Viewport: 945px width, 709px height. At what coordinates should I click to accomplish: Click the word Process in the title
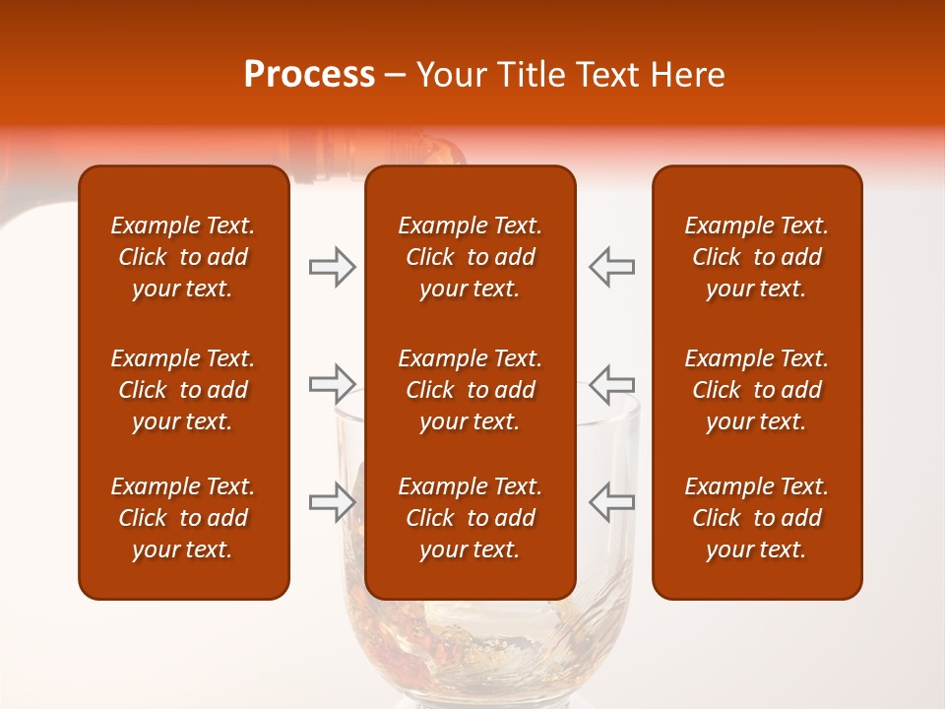[x=309, y=75]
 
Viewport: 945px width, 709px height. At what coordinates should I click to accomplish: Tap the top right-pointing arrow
[x=332, y=267]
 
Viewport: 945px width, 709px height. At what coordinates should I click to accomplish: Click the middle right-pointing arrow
[x=332, y=383]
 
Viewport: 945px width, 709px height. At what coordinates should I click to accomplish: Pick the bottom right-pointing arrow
[x=332, y=501]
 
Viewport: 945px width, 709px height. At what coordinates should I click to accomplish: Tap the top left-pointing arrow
[x=611, y=267]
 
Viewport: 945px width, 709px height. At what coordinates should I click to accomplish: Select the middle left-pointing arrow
[x=611, y=383]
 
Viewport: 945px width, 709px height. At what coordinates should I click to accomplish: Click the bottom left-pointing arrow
[x=611, y=501]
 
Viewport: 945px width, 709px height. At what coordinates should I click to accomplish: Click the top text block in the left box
[x=183, y=257]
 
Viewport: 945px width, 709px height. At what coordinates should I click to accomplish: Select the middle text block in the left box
[x=183, y=390]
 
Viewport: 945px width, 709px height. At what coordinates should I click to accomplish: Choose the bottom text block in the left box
[x=183, y=518]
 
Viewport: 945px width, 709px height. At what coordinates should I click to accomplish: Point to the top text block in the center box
[x=470, y=257]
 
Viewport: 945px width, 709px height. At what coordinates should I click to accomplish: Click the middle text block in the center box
[x=470, y=390]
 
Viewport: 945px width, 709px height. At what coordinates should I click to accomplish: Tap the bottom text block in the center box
[x=470, y=518]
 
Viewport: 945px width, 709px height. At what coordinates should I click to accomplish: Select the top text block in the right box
[x=756, y=257]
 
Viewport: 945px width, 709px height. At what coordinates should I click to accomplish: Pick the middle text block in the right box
[x=756, y=390]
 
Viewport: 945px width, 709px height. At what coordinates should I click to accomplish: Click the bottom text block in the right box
[x=756, y=518]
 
